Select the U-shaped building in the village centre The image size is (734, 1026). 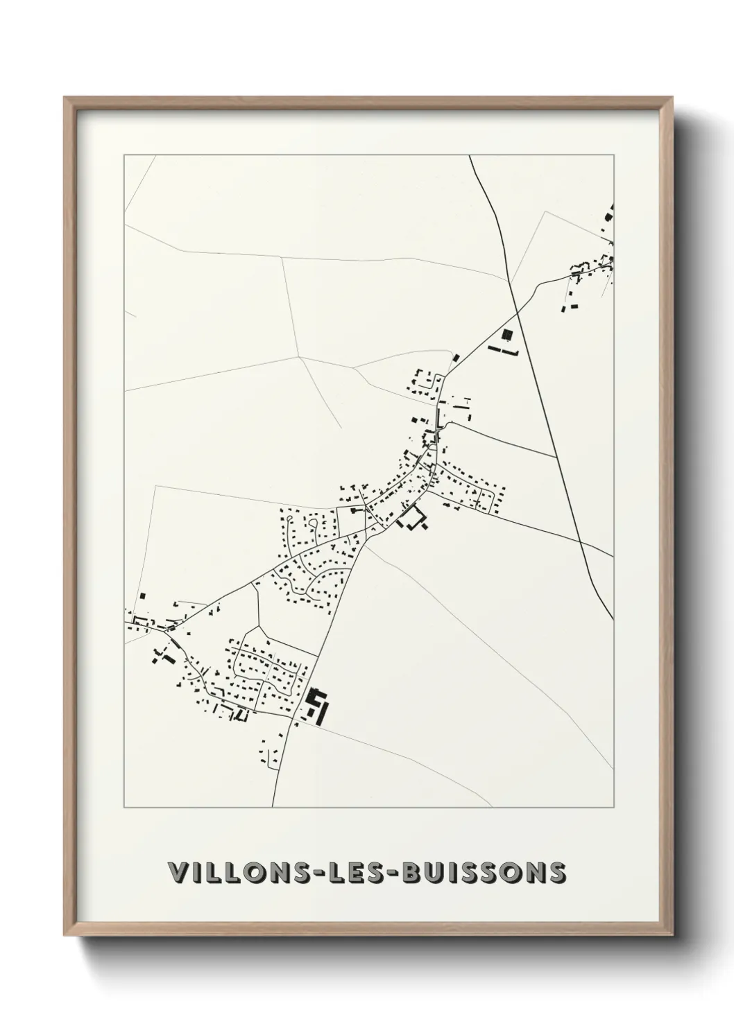click(413, 519)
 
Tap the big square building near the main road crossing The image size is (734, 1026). click(507, 336)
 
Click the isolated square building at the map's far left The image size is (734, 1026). click(143, 595)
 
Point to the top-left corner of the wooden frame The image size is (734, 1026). click(65, 98)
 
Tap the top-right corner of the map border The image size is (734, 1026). click(614, 155)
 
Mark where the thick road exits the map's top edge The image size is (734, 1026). click(470, 156)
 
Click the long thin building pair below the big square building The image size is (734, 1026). click(504, 351)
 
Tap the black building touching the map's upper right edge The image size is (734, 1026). click(611, 211)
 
